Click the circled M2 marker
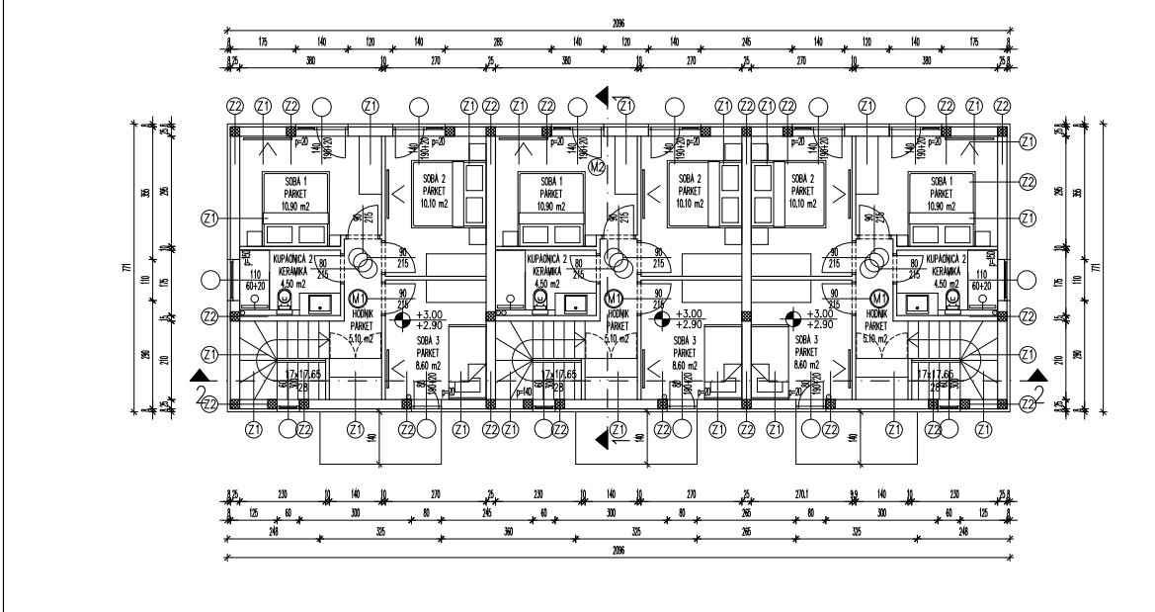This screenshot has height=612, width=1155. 596,167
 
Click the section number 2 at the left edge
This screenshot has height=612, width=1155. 202,394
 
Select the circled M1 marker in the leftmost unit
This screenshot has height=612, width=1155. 360,298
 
